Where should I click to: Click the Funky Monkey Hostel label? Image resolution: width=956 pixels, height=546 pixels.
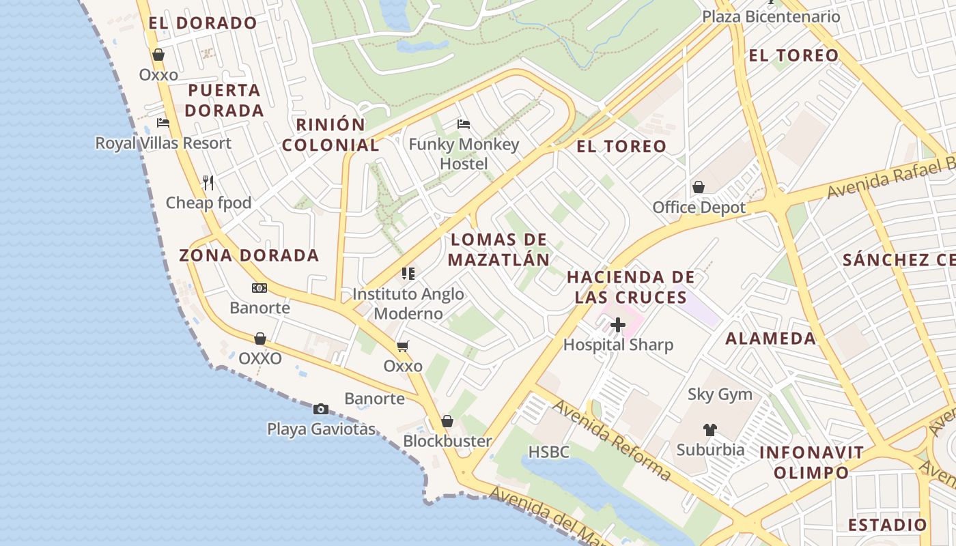[x=464, y=154]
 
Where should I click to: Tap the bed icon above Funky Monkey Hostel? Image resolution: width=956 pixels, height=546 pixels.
[x=464, y=124]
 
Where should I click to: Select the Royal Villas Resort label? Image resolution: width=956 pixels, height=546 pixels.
[x=163, y=143]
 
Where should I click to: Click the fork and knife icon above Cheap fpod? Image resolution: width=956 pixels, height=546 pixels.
[x=208, y=182]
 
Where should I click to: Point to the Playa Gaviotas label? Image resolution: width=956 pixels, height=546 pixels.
[x=321, y=429]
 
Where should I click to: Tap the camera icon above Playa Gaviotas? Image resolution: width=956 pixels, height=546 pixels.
[x=320, y=409]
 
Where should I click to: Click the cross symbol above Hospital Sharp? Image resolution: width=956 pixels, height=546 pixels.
[x=617, y=325]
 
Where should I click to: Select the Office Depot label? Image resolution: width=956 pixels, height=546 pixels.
[x=699, y=207]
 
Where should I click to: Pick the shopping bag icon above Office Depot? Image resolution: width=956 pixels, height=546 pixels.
[x=699, y=187]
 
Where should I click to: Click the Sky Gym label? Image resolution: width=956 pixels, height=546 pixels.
[x=720, y=394]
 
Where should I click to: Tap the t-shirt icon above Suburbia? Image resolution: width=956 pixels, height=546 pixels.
[x=710, y=430]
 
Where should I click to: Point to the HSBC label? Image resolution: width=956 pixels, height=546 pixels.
[x=548, y=452]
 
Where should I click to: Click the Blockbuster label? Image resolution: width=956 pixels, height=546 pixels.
[x=447, y=441]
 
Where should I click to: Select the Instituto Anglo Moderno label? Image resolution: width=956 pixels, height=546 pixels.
[x=408, y=304]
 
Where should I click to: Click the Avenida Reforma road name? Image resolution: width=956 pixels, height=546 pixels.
[x=612, y=440]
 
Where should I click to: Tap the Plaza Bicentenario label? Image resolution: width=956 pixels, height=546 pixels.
[x=771, y=16]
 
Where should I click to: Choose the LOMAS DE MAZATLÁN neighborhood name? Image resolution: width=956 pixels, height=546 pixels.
[x=499, y=250]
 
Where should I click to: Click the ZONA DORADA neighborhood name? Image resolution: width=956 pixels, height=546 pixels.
[x=249, y=256]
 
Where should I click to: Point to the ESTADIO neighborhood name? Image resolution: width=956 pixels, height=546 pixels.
[x=887, y=525]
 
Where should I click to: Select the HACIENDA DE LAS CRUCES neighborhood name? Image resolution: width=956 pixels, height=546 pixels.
[x=630, y=287]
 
